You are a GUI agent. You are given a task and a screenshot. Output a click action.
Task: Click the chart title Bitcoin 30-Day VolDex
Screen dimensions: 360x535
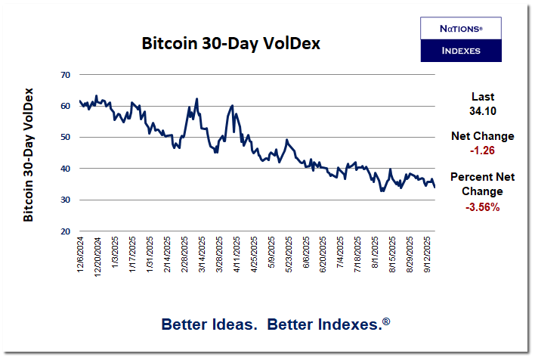pyautogui.click(x=231, y=43)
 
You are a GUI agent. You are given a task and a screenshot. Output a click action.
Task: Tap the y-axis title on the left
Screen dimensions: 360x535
pyautogui.click(x=29, y=154)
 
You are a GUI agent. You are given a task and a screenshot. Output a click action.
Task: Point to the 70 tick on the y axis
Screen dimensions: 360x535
pyautogui.click(x=65, y=75)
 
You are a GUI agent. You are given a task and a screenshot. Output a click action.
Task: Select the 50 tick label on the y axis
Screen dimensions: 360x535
pyautogui.click(x=65, y=138)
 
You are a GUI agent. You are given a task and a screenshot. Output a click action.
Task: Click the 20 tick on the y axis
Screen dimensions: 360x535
pyautogui.click(x=65, y=231)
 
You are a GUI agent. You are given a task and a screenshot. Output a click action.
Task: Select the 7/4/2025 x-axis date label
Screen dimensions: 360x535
pyautogui.click(x=341, y=256)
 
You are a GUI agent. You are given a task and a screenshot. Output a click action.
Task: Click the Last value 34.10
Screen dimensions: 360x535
pyautogui.click(x=482, y=111)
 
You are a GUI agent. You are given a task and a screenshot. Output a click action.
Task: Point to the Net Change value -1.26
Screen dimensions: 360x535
pyautogui.click(x=482, y=150)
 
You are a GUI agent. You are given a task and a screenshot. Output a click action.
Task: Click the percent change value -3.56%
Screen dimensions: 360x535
pyautogui.click(x=482, y=206)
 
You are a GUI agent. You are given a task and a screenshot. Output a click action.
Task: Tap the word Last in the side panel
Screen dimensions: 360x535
pyautogui.click(x=482, y=97)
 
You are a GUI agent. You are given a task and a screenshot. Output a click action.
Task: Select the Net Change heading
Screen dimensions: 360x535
pyautogui.click(x=482, y=136)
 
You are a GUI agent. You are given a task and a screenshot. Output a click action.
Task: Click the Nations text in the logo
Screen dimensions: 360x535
pyautogui.click(x=460, y=28)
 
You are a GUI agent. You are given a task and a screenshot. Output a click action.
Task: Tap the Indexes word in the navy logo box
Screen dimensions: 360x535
pyautogui.click(x=460, y=51)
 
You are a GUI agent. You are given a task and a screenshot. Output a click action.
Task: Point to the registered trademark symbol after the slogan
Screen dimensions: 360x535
pyautogui.click(x=386, y=321)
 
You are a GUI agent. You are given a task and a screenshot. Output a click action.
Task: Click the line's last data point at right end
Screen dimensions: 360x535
pyautogui.click(x=434, y=187)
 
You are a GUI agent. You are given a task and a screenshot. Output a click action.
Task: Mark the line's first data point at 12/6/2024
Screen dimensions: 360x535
pyautogui.click(x=80, y=101)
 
